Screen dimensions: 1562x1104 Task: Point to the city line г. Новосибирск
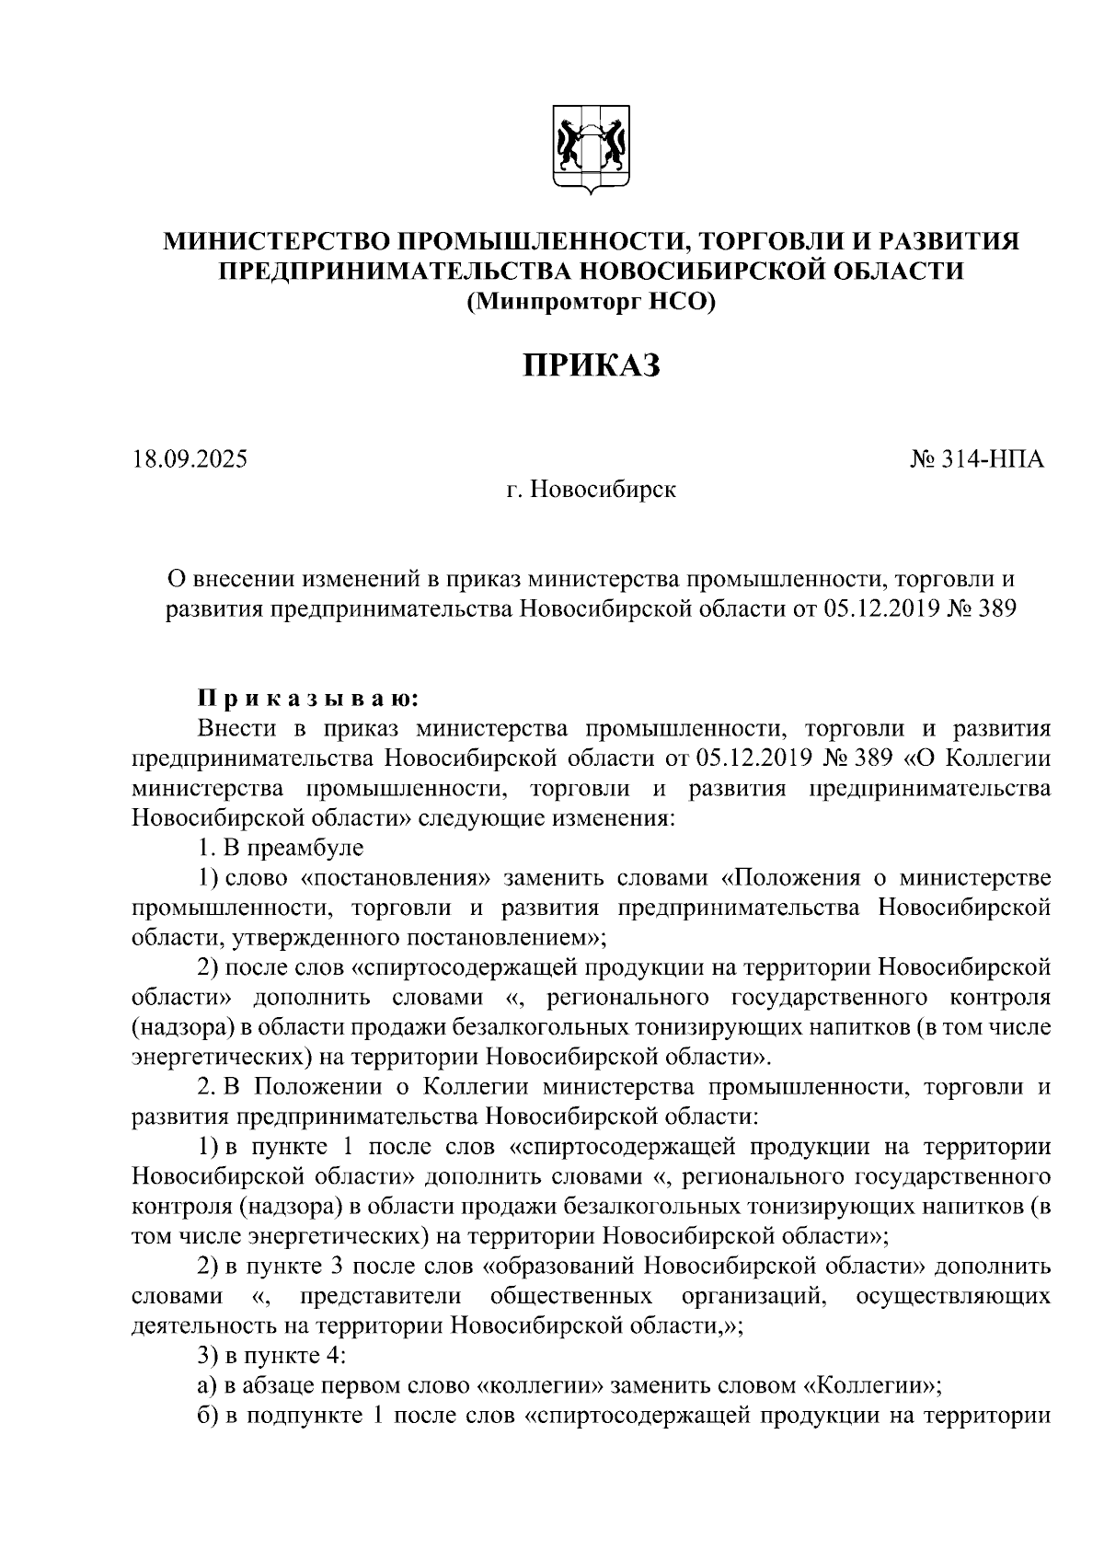click(x=591, y=489)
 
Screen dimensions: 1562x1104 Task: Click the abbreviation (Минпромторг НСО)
click(x=591, y=300)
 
